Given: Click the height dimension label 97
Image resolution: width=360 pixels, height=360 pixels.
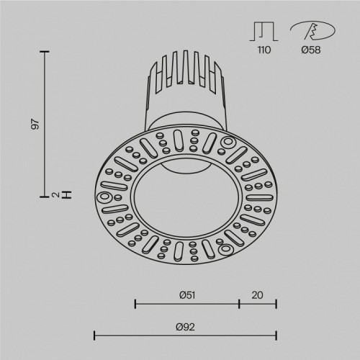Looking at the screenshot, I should (x=34, y=123).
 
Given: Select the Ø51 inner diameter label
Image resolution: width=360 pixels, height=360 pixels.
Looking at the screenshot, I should (x=186, y=294).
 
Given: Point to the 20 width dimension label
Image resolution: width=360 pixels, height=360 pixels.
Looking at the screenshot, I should (x=257, y=294).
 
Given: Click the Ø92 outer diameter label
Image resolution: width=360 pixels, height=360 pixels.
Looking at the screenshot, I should (x=185, y=326).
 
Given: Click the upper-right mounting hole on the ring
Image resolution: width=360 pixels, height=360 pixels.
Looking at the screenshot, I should (x=230, y=142).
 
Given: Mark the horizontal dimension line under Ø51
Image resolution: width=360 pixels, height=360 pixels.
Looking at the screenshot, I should (x=186, y=305).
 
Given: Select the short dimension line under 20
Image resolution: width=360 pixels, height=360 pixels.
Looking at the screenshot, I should (x=257, y=305).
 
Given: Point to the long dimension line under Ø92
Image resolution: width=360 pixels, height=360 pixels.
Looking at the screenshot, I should (x=185, y=335).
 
